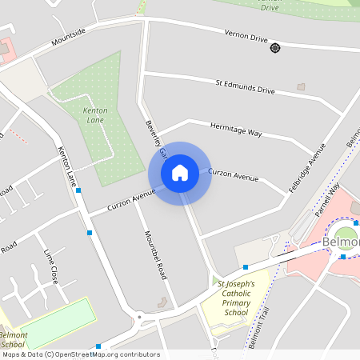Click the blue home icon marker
coord(180,173)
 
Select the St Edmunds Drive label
coord(246,86)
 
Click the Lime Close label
coord(50,266)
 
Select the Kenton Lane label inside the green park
coord(94,115)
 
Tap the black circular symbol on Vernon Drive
coord(275,48)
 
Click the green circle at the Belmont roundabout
coord(344,239)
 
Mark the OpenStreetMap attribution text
coord(80,354)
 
